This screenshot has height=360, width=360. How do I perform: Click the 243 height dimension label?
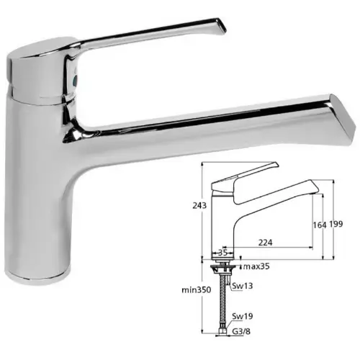pos(199,205)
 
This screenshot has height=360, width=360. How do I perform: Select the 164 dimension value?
pos(320,225)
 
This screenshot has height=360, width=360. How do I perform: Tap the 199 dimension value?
pos(336,224)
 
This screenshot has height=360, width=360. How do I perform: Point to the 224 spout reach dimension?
pos(265,243)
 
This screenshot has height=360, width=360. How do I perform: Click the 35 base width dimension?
pos(223,253)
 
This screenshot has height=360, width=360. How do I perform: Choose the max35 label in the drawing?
pos(256,266)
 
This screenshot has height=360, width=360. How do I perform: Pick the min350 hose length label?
pos(197,290)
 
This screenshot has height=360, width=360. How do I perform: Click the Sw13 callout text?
pos(243,286)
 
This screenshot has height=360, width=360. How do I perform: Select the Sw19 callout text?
pos(243,316)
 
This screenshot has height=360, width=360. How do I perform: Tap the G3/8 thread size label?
pos(241,331)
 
